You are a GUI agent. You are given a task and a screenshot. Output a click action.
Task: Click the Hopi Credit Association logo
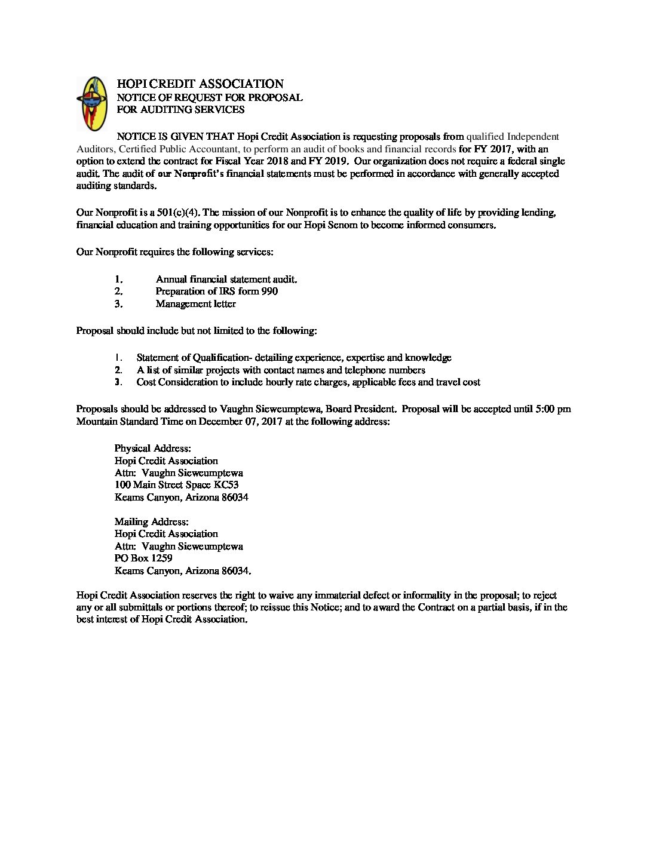(91, 103)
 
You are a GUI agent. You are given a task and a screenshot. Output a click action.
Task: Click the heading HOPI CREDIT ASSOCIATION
(200, 84)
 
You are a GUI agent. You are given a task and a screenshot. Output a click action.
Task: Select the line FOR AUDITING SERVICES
(180, 109)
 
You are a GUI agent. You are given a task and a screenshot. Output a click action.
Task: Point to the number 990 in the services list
(269, 291)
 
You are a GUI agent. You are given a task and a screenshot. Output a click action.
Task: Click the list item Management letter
(195, 304)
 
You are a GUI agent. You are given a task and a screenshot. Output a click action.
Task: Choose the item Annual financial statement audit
(226, 279)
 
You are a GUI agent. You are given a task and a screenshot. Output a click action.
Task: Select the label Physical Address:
(152, 449)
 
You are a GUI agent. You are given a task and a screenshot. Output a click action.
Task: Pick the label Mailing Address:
(151, 522)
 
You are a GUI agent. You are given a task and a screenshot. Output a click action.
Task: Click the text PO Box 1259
(143, 558)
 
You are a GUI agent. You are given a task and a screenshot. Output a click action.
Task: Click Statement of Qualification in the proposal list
(192, 358)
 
